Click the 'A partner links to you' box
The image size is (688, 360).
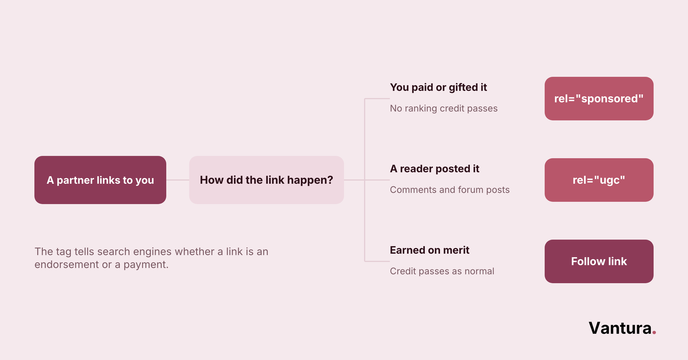[x=100, y=180]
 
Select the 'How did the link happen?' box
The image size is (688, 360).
[x=267, y=180]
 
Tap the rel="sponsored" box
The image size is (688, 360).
[x=599, y=99]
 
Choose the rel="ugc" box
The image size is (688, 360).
[x=599, y=180]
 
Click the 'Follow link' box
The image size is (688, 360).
[x=599, y=261]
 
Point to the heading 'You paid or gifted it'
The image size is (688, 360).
[x=439, y=87]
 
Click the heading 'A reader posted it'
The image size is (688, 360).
[x=435, y=169]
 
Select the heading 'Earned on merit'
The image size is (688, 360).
[x=430, y=250]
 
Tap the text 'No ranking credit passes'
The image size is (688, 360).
[x=444, y=108]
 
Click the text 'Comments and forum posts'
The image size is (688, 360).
[x=450, y=190]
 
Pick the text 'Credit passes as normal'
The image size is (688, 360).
[x=442, y=271]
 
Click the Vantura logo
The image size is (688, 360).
[x=622, y=328]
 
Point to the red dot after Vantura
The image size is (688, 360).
[x=654, y=332]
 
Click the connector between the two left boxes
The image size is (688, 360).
[x=178, y=180]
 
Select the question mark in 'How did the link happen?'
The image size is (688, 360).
[x=330, y=180]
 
